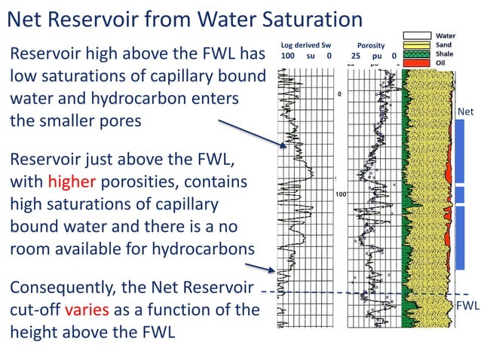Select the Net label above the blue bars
pyautogui.click(x=467, y=111)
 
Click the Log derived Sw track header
pyautogui.click(x=305, y=44)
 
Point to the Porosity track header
pyautogui.click(x=371, y=44)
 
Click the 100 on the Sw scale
pyautogui.click(x=287, y=56)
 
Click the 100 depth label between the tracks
pyautogui.click(x=341, y=194)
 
